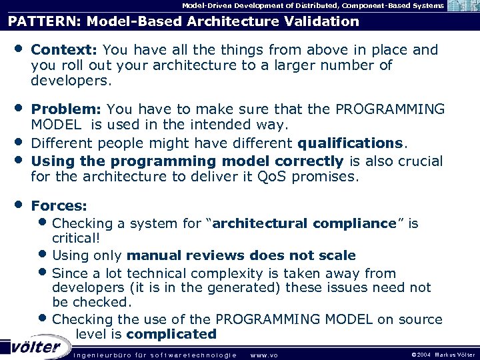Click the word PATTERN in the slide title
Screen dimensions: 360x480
pyautogui.click(x=37, y=21)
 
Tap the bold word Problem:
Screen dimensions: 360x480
pyautogui.click(x=67, y=109)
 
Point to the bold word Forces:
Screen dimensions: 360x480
pyautogui.click(x=59, y=207)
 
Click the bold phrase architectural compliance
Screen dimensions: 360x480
pyautogui.click(x=304, y=224)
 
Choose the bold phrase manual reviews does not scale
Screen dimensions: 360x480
pyautogui.click(x=241, y=255)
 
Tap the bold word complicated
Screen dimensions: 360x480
pyautogui.click(x=171, y=334)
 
